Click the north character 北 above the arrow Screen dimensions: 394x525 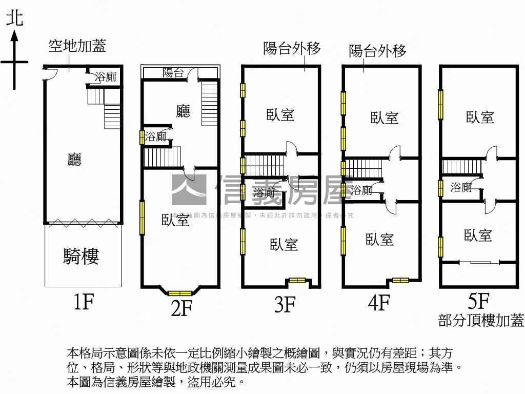pyautogui.click(x=14, y=19)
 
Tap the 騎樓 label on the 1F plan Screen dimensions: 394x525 pyautogui.click(x=81, y=256)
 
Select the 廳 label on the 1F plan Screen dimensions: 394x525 pyautogui.click(x=75, y=160)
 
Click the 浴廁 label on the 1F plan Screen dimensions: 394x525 pyautogui.click(x=106, y=77)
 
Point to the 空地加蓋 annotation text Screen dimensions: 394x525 pyautogui.click(x=77, y=47)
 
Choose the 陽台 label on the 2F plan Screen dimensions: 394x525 pyautogui.click(x=173, y=73)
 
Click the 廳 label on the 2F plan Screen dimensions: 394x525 pyautogui.click(x=183, y=111)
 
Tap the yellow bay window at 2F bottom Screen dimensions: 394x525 pyautogui.click(x=180, y=293)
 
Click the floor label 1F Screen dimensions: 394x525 pyautogui.click(x=83, y=303)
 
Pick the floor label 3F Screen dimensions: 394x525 pyautogui.click(x=285, y=305)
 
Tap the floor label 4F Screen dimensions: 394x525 pyautogui.click(x=379, y=303)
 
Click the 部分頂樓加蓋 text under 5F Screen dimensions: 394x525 pyautogui.click(x=481, y=321)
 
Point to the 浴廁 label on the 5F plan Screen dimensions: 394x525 pyautogui.click(x=461, y=187)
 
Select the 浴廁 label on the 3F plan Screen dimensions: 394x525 pyautogui.click(x=264, y=193)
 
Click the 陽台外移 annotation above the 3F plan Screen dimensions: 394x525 pyautogui.click(x=292, y=49)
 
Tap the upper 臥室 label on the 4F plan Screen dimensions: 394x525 pyautogui.click(x=385, y=118)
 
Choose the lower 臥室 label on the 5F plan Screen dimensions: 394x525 pyautogui.click(x=478, y=235)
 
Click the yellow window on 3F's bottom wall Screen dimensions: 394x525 pyautogui.click(x=297, y=281)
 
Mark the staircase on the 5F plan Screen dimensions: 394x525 pyautogui.click(x=460, y=167)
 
